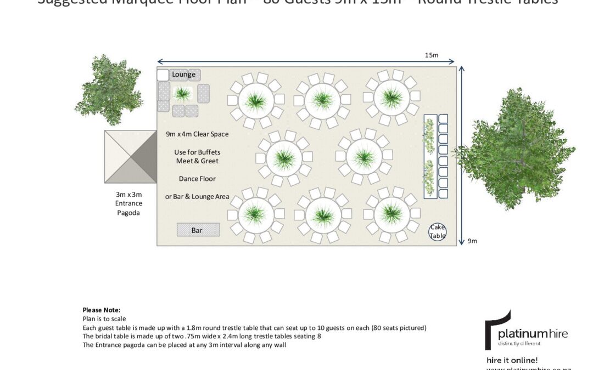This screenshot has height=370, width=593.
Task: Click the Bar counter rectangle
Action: point(198,230)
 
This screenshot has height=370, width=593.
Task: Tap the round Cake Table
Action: point(438,232)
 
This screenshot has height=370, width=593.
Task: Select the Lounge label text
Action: point(183,75)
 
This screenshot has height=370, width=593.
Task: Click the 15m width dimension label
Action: point(431,55)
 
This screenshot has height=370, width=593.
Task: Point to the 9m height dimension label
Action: point(472,241)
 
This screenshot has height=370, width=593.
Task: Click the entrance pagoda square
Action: point(130,157)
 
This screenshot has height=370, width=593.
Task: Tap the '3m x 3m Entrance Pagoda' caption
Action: point(128,203)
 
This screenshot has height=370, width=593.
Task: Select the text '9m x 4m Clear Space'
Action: point(197,134)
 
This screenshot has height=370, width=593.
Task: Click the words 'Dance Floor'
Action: point(197,179)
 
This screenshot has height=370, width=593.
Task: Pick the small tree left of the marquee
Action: point(100,89)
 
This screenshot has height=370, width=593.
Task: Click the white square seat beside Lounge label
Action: point(163,75)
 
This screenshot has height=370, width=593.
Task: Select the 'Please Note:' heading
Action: point(101,310)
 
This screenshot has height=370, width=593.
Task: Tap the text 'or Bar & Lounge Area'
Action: point(197,197)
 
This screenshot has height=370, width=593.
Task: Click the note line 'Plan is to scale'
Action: point(104,318)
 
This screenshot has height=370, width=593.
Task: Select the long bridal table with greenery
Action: point(430,157)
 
